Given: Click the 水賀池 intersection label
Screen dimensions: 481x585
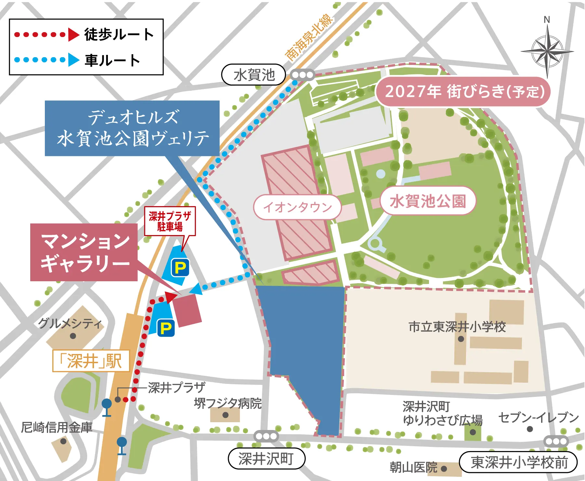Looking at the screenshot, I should tap(253, 75).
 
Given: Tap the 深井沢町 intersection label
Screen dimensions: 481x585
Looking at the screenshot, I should tap(266, 459).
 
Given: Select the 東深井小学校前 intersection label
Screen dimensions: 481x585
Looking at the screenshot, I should tap(518, 462).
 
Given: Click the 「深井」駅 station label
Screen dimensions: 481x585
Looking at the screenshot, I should tap(91, 361).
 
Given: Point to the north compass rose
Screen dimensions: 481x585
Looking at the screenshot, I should tap(547, 51).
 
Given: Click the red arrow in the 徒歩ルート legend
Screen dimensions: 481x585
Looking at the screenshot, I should tap(73, 34).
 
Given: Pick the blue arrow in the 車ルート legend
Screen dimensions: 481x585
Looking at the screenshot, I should tap(73, 60).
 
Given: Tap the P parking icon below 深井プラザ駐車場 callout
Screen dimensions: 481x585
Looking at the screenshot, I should tap(180, 268).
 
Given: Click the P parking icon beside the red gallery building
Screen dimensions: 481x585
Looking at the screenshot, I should tap(166, 328).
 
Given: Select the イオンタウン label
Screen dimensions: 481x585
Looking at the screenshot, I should tap(297, 207).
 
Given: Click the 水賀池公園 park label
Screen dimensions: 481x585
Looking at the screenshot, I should tap(428, 201).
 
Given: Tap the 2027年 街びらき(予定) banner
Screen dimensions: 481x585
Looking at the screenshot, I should tap(463, 92).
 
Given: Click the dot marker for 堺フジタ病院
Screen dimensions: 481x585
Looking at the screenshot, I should tap(225, 415).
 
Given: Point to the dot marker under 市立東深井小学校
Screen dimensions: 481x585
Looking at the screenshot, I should tap(461, 339).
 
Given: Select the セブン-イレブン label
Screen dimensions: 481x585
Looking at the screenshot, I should tap(538, 418).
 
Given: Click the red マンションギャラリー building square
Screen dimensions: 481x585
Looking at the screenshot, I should tap(187, 310).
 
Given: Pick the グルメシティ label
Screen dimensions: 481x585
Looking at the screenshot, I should tap(70, 323).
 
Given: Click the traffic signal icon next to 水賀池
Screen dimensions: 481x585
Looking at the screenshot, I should tap(302, 75).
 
